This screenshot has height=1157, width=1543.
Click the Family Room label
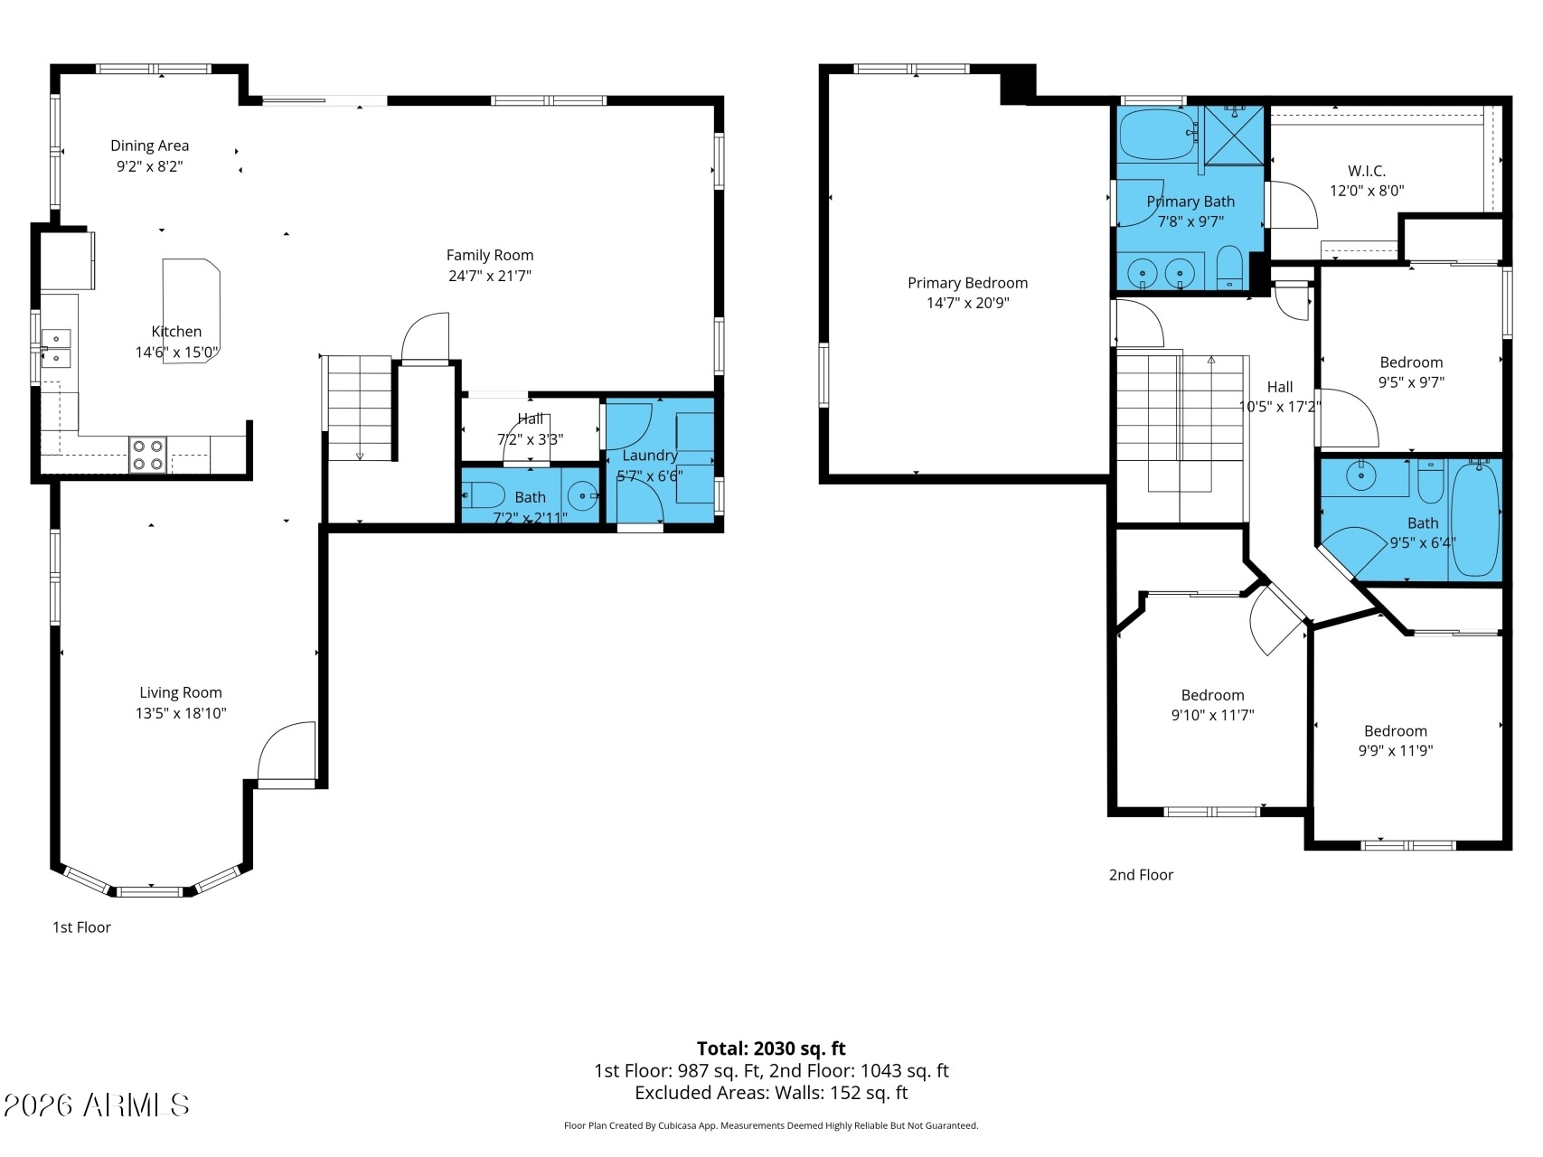click(490, 255)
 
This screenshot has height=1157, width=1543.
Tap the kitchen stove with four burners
click(148, 455)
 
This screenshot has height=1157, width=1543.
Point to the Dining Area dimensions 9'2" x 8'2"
click(150, 166)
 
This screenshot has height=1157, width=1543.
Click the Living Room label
click(181, 692)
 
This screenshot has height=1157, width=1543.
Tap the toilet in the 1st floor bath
click(484, 495)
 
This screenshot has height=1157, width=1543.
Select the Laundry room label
click(650, 456)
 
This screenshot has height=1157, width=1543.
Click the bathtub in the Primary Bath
click(1158, 135)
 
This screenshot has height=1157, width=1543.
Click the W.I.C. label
click(1367, 171)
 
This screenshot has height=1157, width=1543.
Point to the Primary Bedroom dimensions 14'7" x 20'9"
click(968, 303)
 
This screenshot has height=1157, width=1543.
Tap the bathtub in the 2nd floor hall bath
click(1474, 519)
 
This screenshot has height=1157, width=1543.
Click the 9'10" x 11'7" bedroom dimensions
click(1213, 715)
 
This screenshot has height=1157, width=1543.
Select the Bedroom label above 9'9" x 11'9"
click(1396, 730)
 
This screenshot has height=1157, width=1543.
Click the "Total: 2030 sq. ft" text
click(771, 1049)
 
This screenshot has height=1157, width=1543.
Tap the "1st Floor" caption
click(81, 927)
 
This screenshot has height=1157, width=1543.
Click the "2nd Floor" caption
click(1141, 874)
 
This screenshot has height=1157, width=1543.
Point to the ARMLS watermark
click(96, 1105)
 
